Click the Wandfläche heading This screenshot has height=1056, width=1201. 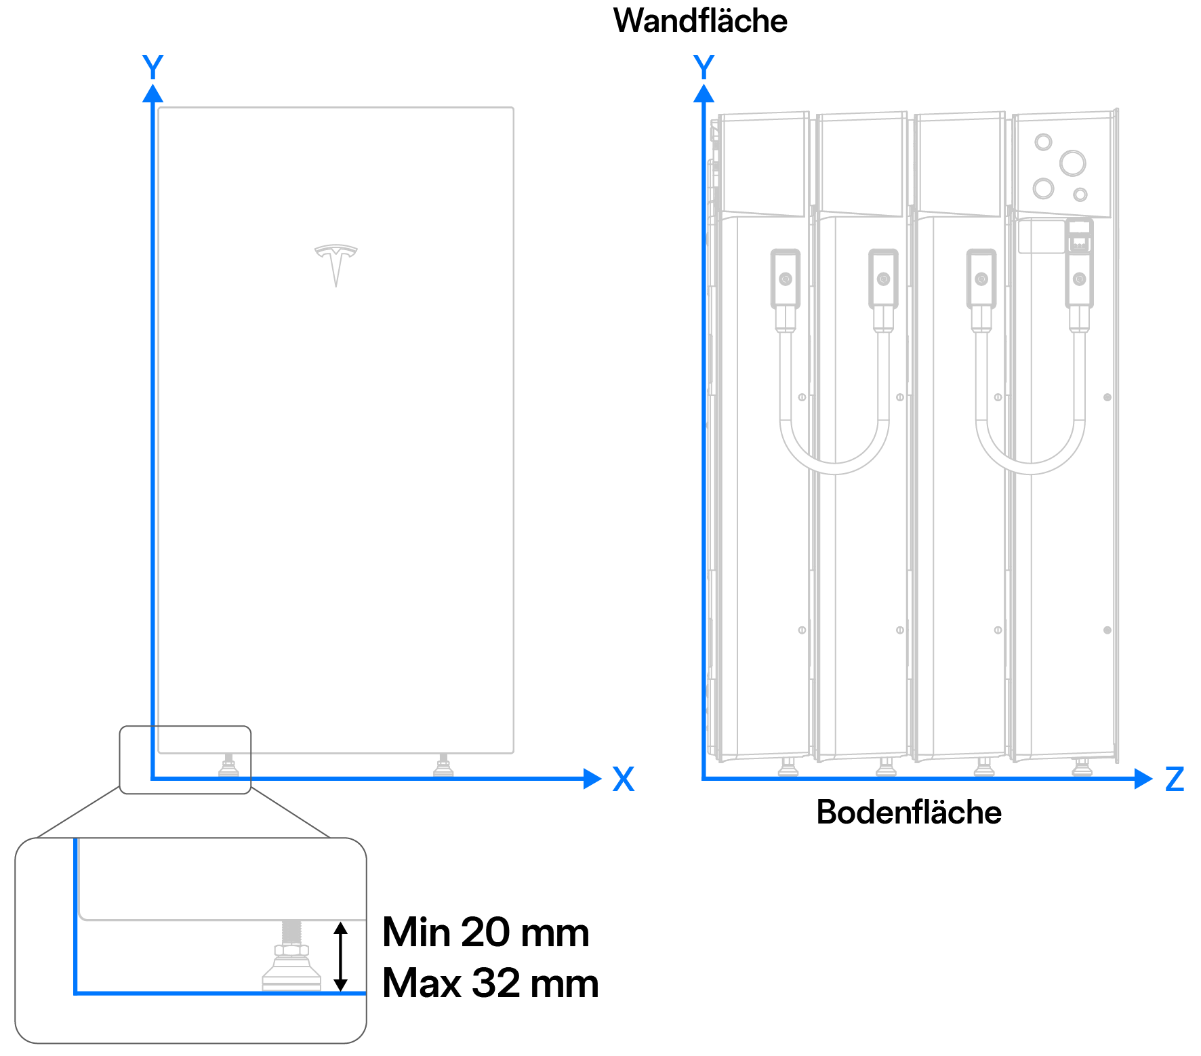pos(700,21)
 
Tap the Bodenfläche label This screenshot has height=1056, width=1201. pos(908,812)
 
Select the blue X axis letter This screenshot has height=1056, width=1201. pos(623,779)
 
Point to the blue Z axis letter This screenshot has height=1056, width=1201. pos(1175,779)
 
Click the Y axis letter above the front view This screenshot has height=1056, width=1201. pos(153,67)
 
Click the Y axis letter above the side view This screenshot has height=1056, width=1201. pos(704,67)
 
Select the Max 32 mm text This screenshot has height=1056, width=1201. pos(490,983)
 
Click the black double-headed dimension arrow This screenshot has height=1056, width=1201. pos(341,956)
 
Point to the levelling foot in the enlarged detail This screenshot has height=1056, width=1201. pos(291,962)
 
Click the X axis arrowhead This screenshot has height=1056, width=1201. pos(592,779)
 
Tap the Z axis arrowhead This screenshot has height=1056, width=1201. pos(1143,779)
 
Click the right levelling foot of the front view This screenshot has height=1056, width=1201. pos(443,766)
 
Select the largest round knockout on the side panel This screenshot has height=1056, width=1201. pos(1072,163)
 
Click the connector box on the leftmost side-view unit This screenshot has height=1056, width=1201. pos(786,279)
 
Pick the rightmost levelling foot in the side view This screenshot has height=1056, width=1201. pos(1082,767)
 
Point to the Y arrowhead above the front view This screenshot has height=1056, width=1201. pos(153,94)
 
